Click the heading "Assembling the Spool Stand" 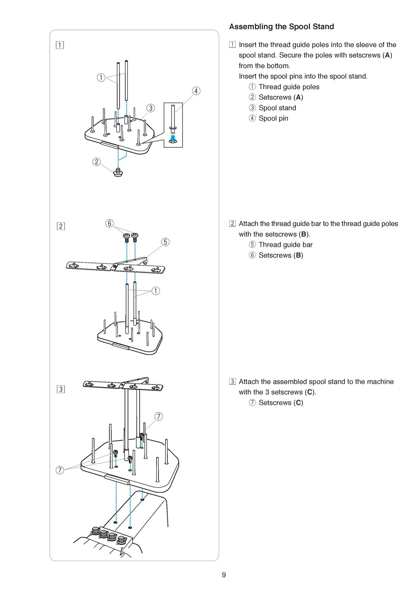pyautogui.click(x=281, y=27)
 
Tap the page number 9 pyautogui.click(x=224, y=575)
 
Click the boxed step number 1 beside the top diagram pyautogui.click(x=60, y=45)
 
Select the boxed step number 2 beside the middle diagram pyautogui.click(x=61, y=226)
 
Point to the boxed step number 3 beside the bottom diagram pyautogui.click(x=61, y=389)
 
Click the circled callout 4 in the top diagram pyautogui.click(x=196, y=91)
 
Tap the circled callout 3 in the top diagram pyautogui.click(x=150, y=108)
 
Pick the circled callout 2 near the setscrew pyautogui.click(x=96, y=162)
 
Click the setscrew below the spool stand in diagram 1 pyautogui.click(x=118, y=172)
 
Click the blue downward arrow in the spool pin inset pyautogui.click(x=173, y=138)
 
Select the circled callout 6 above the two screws pyautogui.click(x=110, y=223)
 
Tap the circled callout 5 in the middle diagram pyautogui.click(x=165, y=242)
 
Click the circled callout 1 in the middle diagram pyautogui.click(x=156, y=291)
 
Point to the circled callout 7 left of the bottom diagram pyautogui.click(x=60, y=469)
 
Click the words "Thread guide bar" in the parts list pyautogui.click(x=285, y=245)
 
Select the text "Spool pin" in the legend pyautogui.click(x=273, y=119)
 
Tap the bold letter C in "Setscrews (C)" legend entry pyautogui.click(x=298, y=403)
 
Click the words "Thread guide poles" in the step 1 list pyautogui.click(x=289, y=87)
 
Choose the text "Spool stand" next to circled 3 pyautogui.click(x=277, y=108)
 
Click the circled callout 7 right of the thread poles pyautogui.click(x=159, y=416)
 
